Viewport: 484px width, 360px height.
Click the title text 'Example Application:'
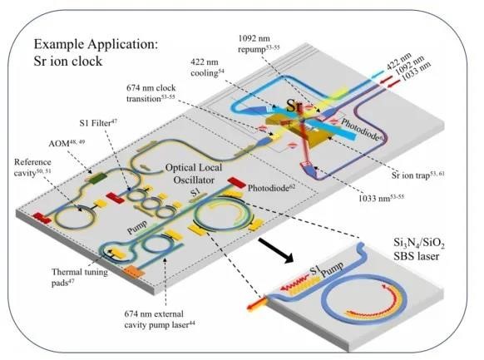(x=96, y=44)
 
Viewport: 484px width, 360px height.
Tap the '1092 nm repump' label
(x=259, y=44)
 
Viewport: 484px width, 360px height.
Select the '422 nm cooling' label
(x=207, y=67)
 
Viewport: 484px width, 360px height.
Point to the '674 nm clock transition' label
(x=151, y=93)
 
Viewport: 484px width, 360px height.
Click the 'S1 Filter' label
(x=98, y=123)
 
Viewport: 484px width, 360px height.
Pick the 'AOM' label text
(x=67, y=143)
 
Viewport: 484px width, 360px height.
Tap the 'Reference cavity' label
(x=32, y=167)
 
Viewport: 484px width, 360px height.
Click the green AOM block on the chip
(x=97, y=178)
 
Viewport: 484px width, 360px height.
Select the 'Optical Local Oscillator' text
(x=193, y=174)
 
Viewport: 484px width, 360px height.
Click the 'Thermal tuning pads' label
(x=80, y=277)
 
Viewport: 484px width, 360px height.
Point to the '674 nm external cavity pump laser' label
(x=160, y=319)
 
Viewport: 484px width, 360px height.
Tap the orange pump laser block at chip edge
(x=133, y=272)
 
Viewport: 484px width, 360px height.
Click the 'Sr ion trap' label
(x=418, y=175)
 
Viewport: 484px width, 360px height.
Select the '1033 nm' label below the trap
(x=381, y=198)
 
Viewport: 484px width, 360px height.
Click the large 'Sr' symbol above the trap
(x=294, y=106)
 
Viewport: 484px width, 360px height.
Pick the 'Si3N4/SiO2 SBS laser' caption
(x=419, y=249)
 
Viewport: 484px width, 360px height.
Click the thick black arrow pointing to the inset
(x=275, y=250)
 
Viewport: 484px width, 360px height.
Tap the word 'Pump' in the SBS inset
(x=332, y=269)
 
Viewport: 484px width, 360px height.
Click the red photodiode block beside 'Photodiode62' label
(x=236, y=183)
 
